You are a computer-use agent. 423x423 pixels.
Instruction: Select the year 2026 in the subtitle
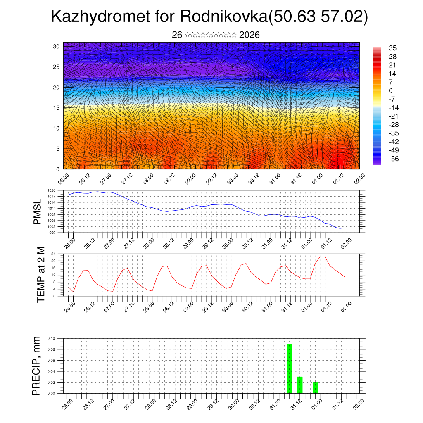(249, 35)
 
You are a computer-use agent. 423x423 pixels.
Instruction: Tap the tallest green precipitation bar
(289, 368)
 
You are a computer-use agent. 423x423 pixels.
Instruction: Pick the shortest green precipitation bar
(315, 387)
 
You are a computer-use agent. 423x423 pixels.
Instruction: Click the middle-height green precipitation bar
(300, 385)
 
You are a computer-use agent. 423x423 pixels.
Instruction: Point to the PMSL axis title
(38, 211)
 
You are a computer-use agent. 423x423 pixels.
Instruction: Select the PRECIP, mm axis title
(38, 366)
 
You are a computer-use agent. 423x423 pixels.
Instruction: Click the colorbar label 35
(392, 48)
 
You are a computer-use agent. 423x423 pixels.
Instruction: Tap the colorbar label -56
(394, 159)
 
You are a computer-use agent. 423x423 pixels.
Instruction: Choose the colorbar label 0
(391, 90)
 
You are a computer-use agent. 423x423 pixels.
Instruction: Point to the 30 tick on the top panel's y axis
(56, 46)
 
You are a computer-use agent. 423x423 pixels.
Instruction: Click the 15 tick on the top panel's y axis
(56, 108)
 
